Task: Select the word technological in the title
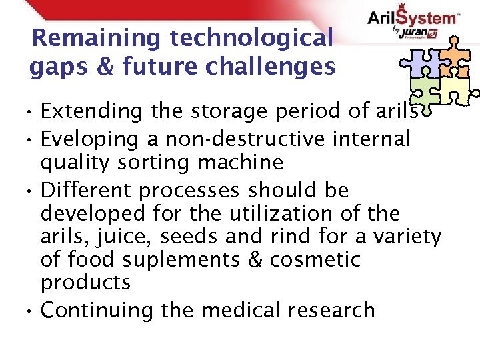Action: pyautogui.click(x=251, y=38)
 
